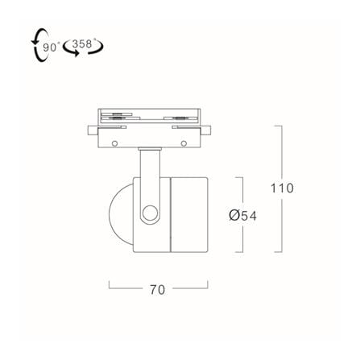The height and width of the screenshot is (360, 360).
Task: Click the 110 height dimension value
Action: point(282,188)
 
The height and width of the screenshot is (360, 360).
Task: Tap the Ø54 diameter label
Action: point(243,215)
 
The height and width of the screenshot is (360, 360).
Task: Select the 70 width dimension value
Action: point(157,290)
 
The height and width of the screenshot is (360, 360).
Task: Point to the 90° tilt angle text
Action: point(50,47)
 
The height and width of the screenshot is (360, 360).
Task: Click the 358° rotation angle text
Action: point(83,43)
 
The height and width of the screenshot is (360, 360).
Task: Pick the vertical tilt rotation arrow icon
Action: point(38,46)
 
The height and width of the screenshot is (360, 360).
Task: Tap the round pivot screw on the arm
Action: point(150,213)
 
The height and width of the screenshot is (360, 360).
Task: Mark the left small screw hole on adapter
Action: point(114,143)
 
